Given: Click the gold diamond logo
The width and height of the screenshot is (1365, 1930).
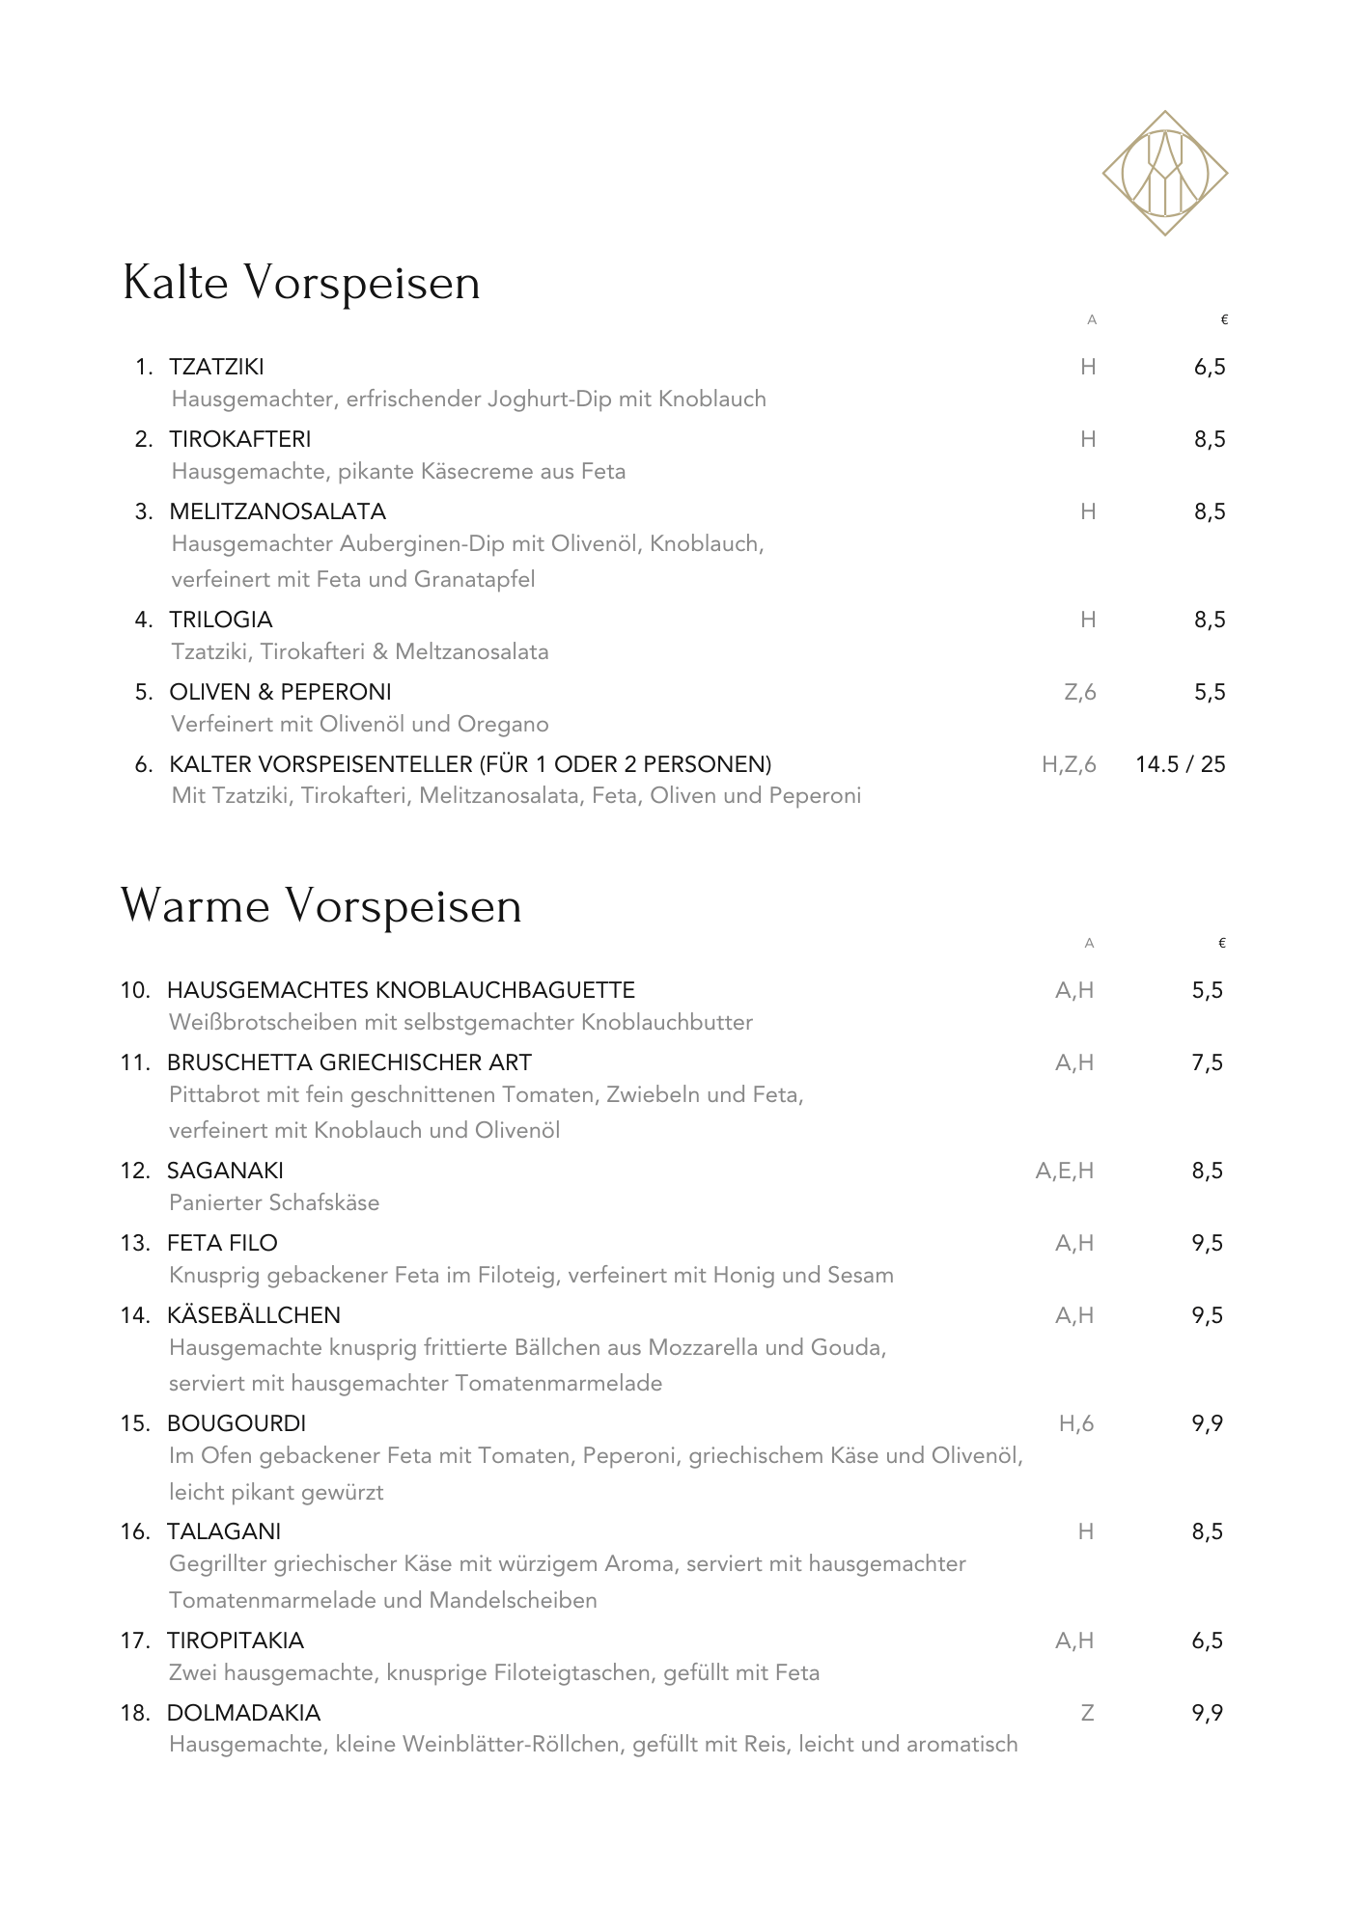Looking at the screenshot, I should pyautogui.click(x=1164, y=174).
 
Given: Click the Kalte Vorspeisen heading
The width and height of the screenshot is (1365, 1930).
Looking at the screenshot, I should pyautogui.click(x=301, y=283).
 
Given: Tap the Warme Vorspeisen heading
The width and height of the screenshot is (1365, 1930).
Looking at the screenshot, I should pyautogui.click(x=320, y=906).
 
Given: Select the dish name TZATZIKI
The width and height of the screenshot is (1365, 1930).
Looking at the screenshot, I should pyautogui.click(x=216, y=367).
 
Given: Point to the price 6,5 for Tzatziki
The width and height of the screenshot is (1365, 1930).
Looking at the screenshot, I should pyautogui.click(x=1209, y=367).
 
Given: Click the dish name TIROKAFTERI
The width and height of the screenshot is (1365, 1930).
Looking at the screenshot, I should pyautogui.click(x=239, y=439).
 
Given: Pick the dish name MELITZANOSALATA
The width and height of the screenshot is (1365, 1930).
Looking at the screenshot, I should pyautogui.click(x=277, y=511).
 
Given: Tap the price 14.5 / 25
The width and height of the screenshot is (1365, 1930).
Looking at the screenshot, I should pyautogui.click(x=1180, y=764).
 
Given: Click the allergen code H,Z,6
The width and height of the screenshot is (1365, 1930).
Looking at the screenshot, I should pyautogui.click(x=1069, y=764).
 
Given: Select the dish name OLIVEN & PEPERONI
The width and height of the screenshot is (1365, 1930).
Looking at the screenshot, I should pyautogui.click(x=280, y=692).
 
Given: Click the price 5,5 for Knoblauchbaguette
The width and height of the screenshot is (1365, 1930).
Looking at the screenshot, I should pyautogui.click(x=1207, y=990).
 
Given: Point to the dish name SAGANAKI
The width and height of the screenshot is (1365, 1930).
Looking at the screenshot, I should pyautogui.click(x=225, y=1171).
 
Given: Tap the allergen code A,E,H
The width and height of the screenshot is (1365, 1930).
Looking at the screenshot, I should pyautogui.click(x=1064, y=1171).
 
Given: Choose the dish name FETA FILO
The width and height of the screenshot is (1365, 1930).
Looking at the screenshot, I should pyautogui.click(x=222, y=1243).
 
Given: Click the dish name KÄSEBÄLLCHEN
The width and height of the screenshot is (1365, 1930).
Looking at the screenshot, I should pyautogui.click(x=253, y=1315).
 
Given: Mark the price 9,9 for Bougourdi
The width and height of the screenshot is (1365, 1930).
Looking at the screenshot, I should pyautogui.click(x=1207, y=1423).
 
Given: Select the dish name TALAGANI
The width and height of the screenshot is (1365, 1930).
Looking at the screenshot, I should pyautogui.click(x=224, y=1531).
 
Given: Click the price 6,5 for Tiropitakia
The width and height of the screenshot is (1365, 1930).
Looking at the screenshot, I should pyautogui.click(x=1207, y=1640).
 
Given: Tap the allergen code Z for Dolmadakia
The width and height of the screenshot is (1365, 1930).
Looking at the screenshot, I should pyautogui.click(x=1087, y=1713).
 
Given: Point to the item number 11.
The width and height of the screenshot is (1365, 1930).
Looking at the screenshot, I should pyautogui.click(x=135, y=1062).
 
